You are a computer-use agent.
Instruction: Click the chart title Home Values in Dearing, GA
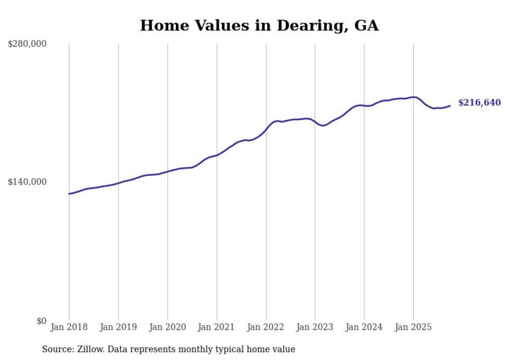[259, 26]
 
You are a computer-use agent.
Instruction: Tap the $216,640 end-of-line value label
[479, 103]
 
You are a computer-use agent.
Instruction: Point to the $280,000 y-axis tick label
[27, 44]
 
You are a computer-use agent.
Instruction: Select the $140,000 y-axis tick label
[27, 182]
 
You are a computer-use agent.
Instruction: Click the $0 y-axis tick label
[41, 321]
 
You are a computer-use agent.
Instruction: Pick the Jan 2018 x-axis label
[69, 327]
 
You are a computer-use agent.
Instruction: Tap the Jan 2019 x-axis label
[119, 327]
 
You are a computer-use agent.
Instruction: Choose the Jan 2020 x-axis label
[167, 327]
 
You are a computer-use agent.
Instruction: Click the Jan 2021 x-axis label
[216, 327]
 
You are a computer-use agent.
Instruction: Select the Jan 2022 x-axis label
[266, 327]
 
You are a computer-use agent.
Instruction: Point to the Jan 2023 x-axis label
[315, 327]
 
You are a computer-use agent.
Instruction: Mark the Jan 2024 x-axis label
[364, 327]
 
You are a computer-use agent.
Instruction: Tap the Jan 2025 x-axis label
[413, 327]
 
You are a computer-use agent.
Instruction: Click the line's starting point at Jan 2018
[69, 194]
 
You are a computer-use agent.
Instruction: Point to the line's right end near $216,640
[450, 106]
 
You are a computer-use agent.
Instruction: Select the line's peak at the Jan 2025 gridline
[413, 97]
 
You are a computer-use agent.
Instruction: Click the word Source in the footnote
[56, 349]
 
